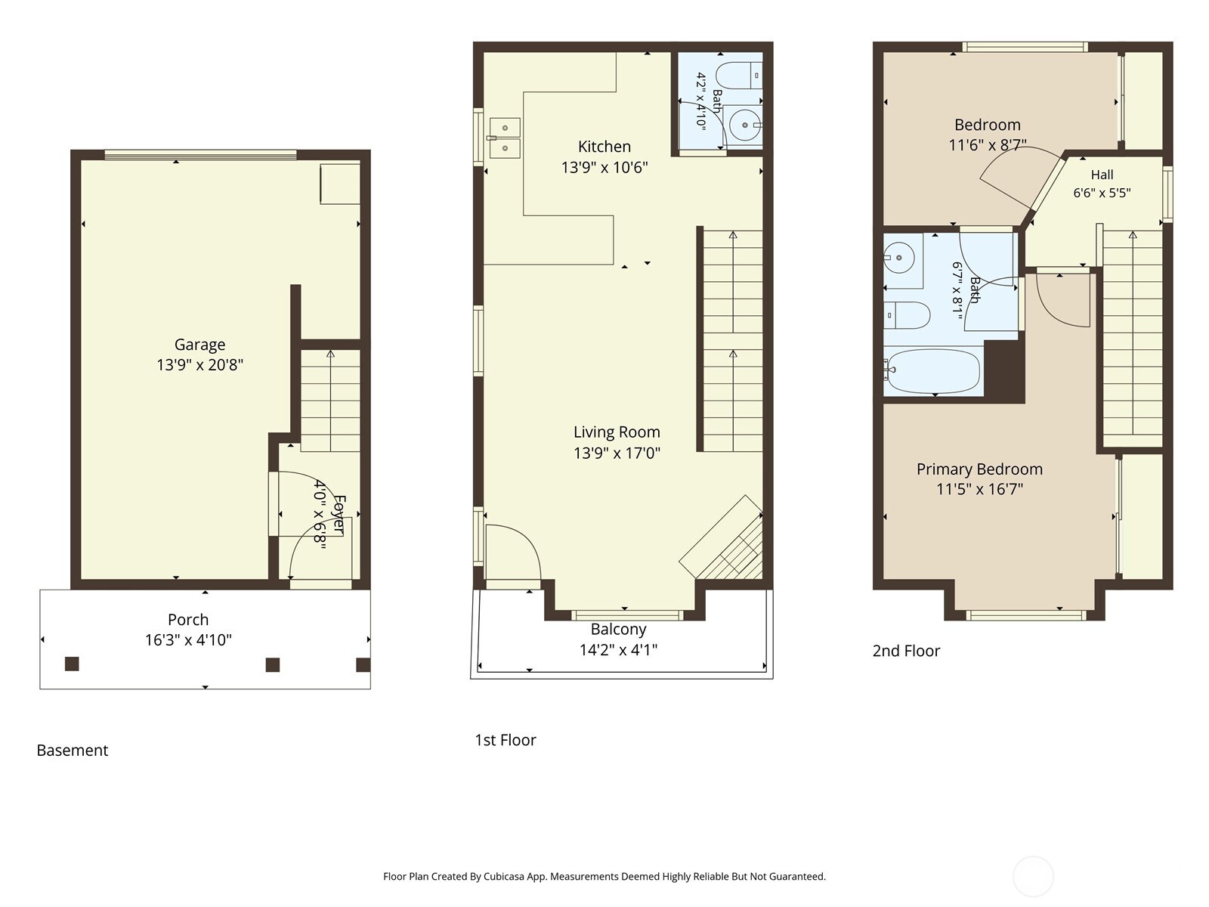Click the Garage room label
click(x=199, y=344)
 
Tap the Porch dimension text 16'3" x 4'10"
click(x=188, y=640)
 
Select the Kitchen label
click(x=604, y=147)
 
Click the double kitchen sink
click(x=505, y=138)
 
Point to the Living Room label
click(x=617, y=432)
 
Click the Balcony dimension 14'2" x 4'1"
click(x=619, y=650)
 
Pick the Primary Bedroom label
click(x=979, y=469)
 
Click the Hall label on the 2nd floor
click(x=1102, y=175)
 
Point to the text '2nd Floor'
click(x=906, y=651)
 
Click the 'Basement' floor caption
click(x=72, y=750)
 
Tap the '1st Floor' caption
click(x=505, y=740)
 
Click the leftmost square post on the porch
click(x=72, y=664)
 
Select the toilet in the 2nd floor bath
click(x=907, y=315)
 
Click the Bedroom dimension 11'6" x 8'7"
click(x=988, y=145)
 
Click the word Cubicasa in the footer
click(x=504, y=876)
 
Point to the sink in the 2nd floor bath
click(x=899, y=257)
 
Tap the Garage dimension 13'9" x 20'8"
click(x=200, y=364)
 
